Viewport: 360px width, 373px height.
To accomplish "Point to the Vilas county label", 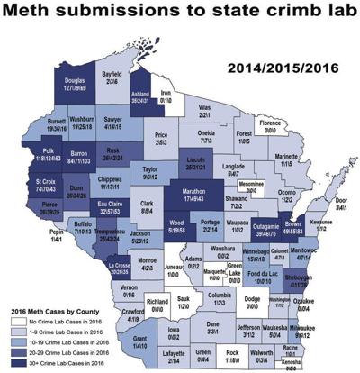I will coord(229,131).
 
